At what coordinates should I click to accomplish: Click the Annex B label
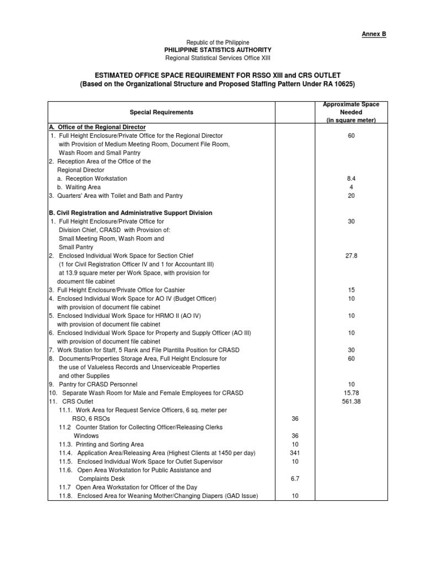pos(374,34)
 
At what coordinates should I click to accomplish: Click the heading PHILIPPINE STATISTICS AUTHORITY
pos(218,50)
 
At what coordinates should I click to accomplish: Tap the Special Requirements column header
pos(162,112)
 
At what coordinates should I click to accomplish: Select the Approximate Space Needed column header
pos(351,112)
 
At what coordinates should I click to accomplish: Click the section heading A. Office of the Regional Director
pos(97,127)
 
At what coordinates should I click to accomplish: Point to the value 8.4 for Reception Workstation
pos(351,179)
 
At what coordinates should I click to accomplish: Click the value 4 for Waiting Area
pos(351,187)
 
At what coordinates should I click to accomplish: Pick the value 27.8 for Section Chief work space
pos(351,256)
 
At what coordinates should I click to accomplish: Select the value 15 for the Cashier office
pos(351,290)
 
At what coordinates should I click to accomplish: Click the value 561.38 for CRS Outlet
pos(351,401)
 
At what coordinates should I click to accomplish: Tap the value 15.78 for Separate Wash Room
pos(351,393)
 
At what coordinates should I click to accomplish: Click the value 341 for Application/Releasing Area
pos(294,453)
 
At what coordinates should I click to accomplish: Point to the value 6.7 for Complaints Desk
pos(294,479)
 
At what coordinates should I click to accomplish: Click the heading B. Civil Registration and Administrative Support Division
pos(130,213)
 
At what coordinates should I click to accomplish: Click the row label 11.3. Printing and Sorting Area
pos(101,444)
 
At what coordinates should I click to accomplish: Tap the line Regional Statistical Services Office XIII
pos(218,59)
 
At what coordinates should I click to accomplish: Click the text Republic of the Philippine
pos(218,43)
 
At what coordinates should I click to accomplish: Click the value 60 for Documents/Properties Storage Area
pos(351,359)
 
